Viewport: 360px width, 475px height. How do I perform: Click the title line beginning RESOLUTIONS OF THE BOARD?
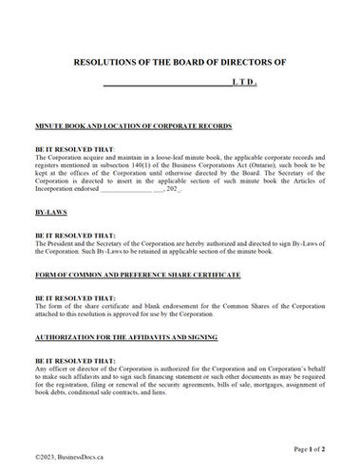pos(180,60)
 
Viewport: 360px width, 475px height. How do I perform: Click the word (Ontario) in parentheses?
pos(284,162)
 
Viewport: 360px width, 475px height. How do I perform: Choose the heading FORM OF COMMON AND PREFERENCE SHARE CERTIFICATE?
pos(138,275)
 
